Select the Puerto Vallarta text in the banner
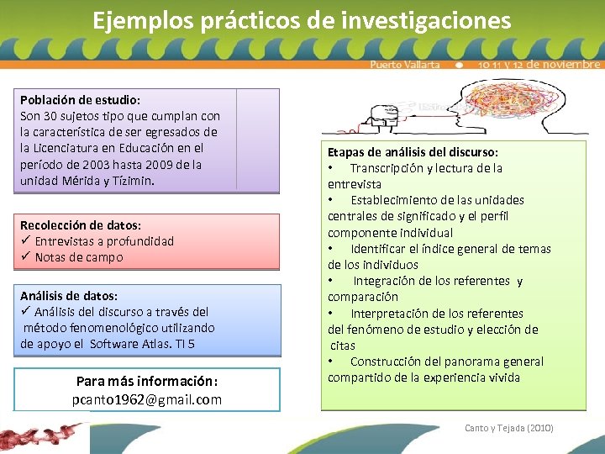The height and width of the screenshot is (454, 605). pos(404,65)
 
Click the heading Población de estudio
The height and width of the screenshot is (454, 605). pos(80,99)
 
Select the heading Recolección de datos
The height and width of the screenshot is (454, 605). pos(80,225)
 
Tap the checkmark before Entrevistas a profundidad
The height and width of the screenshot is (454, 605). pos(25,241)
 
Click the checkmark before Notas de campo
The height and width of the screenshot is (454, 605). pos(25,257)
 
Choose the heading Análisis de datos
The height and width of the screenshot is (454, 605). pos(69,296)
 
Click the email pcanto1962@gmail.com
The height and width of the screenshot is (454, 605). pos(147,399)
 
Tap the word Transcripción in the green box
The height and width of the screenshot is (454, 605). pos(390,168)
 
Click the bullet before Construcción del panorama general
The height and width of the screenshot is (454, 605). pos(332,362)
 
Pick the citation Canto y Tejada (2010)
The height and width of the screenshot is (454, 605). pos(509,428)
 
